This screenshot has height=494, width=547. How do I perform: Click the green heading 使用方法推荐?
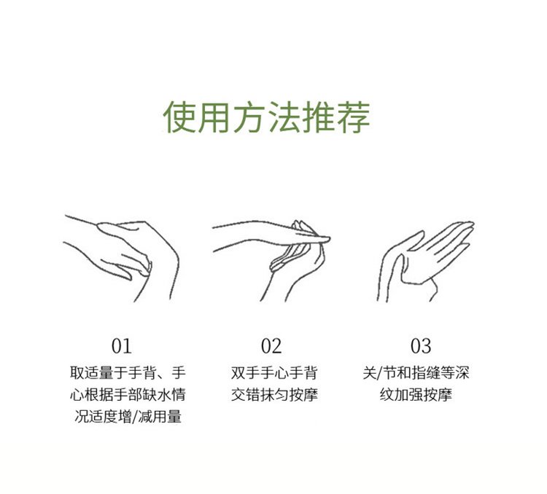266,117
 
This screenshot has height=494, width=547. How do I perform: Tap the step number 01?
121,346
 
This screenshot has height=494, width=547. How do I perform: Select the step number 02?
271,346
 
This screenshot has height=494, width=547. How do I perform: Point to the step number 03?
421,346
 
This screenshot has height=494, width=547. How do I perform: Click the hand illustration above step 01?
121,258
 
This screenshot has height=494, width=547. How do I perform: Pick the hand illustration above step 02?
271,260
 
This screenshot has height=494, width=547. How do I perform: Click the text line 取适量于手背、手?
128,372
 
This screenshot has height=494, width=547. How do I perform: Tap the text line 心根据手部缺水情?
128,395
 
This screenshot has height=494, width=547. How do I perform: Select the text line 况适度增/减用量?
128,417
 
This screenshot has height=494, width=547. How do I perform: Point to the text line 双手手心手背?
273,372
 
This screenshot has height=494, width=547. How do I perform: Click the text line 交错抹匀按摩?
274,395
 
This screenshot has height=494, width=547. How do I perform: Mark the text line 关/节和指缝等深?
416,372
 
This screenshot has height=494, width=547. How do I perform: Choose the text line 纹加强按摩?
416,395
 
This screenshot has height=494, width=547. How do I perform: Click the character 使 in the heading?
180,117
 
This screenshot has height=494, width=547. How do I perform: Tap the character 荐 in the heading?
353,117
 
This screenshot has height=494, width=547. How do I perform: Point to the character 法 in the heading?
284,117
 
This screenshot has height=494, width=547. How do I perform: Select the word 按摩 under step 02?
303,395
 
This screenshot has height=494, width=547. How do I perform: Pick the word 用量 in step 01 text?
168,417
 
